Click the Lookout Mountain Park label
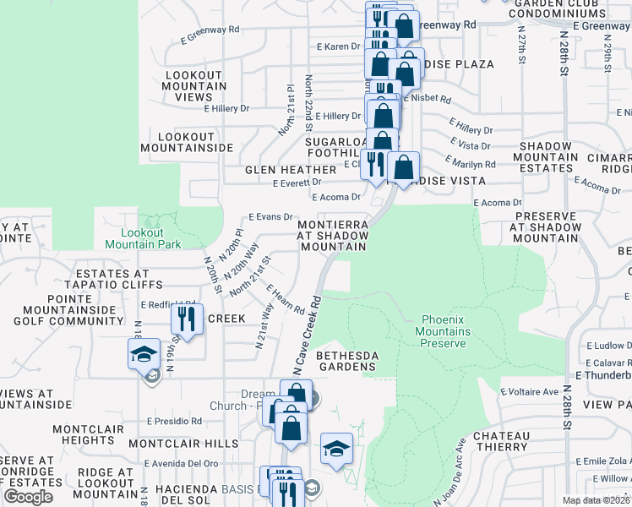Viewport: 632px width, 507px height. (x=143, y=238)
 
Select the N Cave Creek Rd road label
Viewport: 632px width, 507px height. (x=308, y=335)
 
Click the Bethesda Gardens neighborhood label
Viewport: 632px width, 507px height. (x=346, y=361)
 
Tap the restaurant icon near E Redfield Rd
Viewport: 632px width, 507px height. (x=187, y=319)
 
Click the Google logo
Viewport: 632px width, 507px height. (x=28, y=497)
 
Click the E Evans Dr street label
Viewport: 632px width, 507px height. (x=270, y=217)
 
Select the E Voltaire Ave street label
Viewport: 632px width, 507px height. (x=530, y=392)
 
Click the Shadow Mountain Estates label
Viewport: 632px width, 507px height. (x=546, y=157)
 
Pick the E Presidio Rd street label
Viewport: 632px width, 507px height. (x=174, y=421)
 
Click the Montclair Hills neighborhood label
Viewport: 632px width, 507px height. (x=183, y=444)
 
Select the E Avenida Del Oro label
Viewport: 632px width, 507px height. (x=181, y=463)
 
